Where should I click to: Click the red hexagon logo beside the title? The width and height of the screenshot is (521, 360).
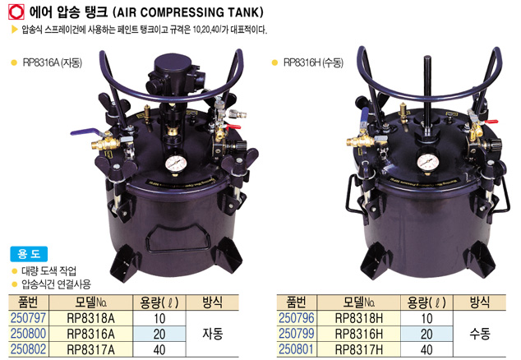[16, 12]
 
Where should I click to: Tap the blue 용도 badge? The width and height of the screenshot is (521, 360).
[29, 254]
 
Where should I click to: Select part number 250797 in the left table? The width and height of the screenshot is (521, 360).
[28, 318]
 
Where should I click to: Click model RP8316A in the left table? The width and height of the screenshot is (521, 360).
[90, 334]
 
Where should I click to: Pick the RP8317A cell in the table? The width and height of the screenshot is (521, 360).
[90, 349]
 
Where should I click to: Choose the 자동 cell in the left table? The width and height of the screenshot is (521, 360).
[212, 334]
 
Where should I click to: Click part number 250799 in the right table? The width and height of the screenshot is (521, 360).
[296, 334]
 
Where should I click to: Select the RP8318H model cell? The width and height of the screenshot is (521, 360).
[359, 318]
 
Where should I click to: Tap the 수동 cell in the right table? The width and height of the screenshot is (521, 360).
[480, 334]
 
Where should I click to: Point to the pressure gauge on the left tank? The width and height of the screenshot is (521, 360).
[176, 163]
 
